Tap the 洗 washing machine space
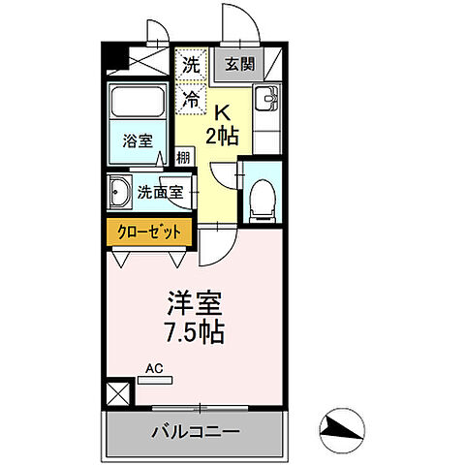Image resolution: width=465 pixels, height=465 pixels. coord(190,65)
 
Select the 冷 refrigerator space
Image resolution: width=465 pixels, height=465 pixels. coord(190,97)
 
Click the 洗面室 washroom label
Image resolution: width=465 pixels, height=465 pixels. coord(160,191)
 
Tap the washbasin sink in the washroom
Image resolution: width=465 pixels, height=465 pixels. coord(119,190)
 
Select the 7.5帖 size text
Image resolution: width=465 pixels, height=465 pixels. coord(193,334)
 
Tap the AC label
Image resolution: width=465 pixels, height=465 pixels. coord(153,368)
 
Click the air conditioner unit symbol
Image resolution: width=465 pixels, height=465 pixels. coord(154,381)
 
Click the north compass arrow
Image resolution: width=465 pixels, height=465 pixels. coord(342,426)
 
